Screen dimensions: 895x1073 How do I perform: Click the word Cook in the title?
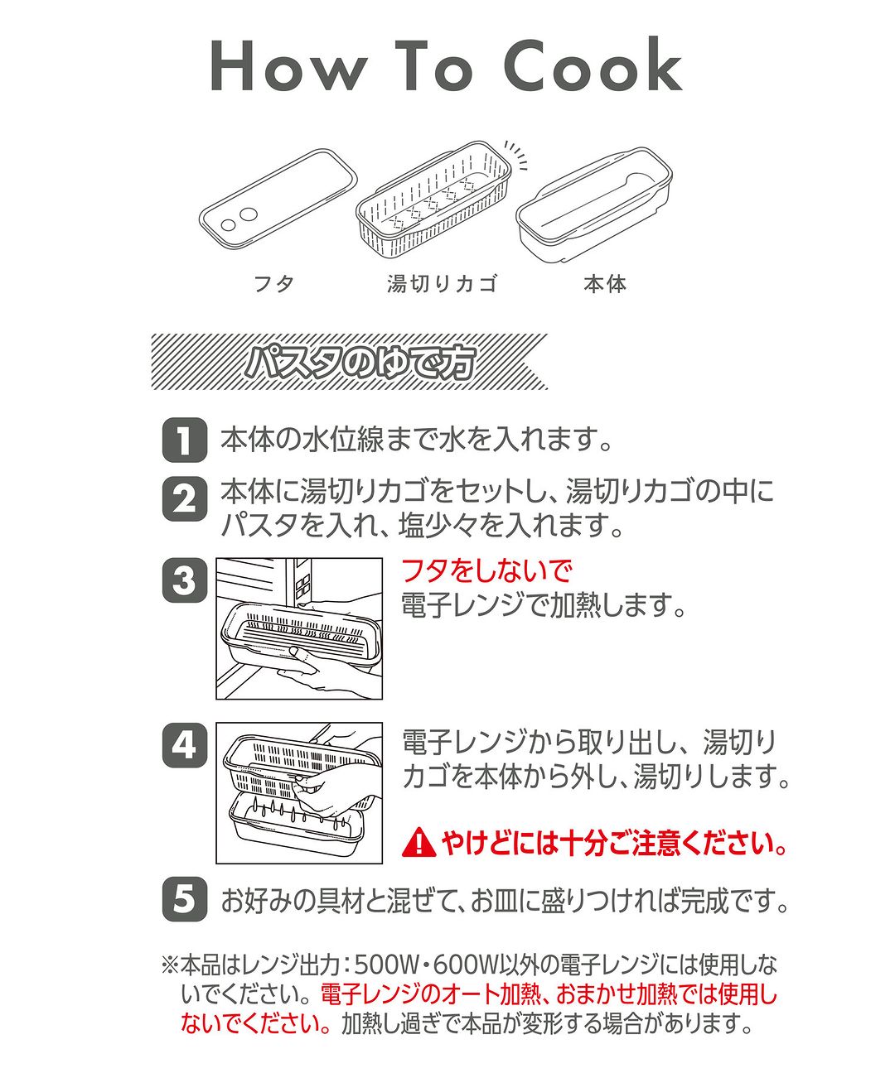[x=593, y=65]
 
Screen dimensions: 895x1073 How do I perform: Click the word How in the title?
[x=289, y=66]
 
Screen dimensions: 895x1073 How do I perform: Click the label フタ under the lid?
[x=274, y=284]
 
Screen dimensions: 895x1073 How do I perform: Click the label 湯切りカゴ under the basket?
[x=443, y=284]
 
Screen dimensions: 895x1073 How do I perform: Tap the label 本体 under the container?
[x=605, y=284]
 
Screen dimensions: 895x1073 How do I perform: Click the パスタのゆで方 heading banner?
[x=350, y=362]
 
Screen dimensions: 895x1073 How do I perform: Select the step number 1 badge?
[x=185, y=440]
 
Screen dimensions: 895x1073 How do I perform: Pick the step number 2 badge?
[x=185, y=498]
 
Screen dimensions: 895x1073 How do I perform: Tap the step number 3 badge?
[x=185, y=580]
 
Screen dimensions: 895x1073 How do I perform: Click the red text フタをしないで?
[x=486, y=570]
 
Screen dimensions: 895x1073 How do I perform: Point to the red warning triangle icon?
[x=420, y=844]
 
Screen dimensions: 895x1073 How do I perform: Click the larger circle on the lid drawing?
[x=249, y=214]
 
